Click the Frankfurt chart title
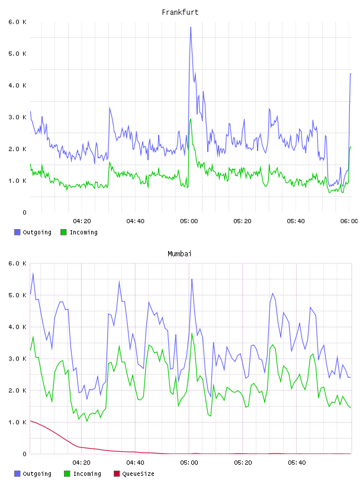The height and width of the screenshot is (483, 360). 180,12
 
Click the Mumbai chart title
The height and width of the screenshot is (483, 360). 179,254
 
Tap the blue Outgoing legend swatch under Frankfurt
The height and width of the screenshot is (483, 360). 17,232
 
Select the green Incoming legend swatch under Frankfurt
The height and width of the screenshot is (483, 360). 63,232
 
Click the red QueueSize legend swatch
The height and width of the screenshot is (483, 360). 117,474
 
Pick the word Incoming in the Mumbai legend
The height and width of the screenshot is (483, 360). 87,474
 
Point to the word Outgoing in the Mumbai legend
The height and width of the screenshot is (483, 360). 37,474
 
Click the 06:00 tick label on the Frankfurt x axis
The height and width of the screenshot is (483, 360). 349,221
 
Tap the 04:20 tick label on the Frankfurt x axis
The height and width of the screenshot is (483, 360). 82,221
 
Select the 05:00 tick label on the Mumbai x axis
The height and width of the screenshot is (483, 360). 189,463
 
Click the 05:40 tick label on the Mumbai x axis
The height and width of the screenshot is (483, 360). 296,463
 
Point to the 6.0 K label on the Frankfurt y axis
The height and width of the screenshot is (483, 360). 17,22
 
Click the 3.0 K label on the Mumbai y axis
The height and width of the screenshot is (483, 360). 17,359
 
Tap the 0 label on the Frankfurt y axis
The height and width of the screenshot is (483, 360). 24,212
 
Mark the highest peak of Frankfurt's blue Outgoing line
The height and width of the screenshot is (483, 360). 191,27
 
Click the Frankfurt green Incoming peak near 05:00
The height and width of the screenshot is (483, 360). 191,118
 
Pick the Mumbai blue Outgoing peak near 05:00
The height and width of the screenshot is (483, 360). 192,279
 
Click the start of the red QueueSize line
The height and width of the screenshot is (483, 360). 30,421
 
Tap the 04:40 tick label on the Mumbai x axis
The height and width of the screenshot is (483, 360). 136,463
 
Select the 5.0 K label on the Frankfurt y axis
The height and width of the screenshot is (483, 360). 17,54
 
